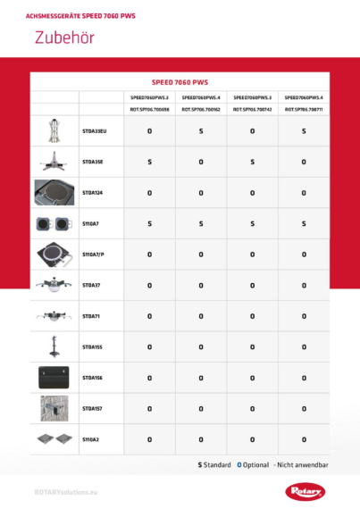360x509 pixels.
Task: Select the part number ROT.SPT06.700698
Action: point(149,109)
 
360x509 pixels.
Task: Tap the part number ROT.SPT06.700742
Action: point(252,109)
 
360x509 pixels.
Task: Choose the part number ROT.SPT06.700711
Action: point(304,109)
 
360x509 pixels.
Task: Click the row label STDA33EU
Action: point(94,131)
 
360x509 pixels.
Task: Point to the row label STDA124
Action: point(92,192)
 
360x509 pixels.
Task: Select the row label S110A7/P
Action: point(94,254)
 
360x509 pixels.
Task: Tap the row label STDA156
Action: point(92,378)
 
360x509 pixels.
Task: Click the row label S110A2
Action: point(90,439)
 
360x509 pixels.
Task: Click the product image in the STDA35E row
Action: point(54,162)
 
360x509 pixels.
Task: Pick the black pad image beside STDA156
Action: point(54,378)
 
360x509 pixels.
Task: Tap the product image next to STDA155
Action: point(54,346)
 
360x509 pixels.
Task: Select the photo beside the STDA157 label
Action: point(54,408)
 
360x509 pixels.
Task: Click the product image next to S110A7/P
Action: point(54,254)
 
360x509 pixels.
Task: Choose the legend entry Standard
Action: point(214,465)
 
